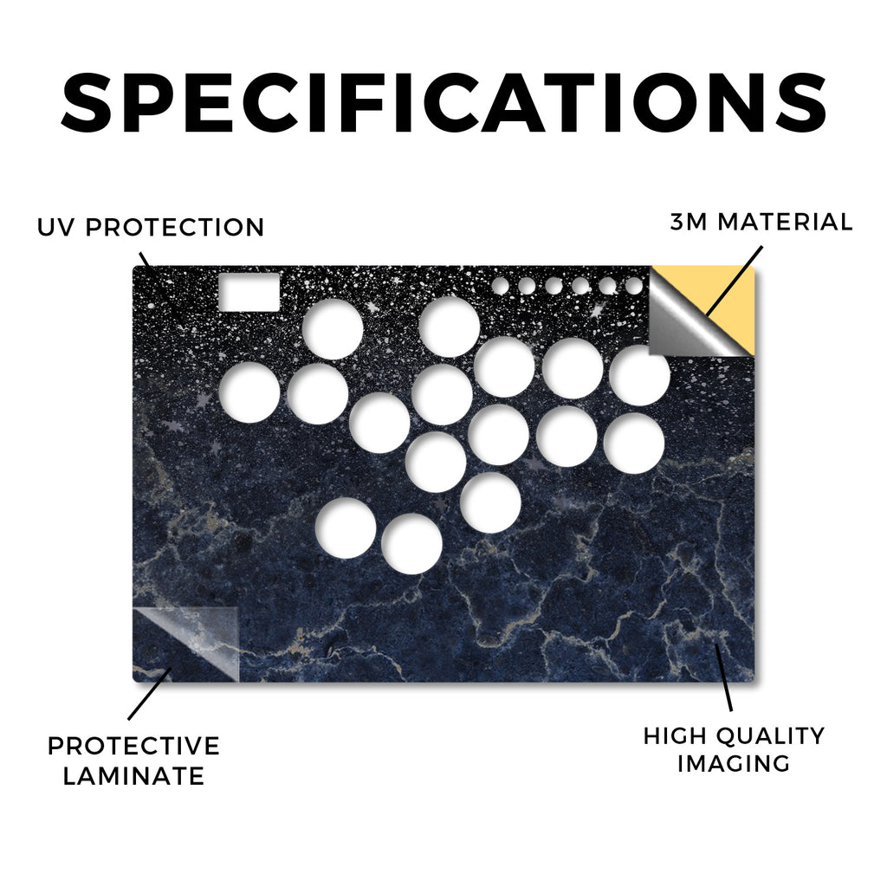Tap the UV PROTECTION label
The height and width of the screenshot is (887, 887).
click(x=151, y=227)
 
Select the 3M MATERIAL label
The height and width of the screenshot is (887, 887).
click(x=761, y=222)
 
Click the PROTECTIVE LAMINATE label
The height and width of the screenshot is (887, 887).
click(x=133, y=761)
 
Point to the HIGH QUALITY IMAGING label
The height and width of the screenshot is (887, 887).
click(x=734, y=749)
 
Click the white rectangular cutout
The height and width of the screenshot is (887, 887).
click(x=249, y=292)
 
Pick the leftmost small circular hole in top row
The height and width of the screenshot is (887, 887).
click(x=500, y=286)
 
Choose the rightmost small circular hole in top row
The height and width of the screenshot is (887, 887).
click(x=635, y=286)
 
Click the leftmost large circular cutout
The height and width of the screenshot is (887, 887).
click(x=249, y=392)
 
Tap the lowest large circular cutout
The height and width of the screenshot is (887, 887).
click(x=411, y=544)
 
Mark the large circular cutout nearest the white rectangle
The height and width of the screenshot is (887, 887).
click(x=333, y=328)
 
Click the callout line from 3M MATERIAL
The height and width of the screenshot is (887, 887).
click(x=734, y=281)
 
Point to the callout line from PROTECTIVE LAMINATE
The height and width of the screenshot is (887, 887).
click(x=150, y=694)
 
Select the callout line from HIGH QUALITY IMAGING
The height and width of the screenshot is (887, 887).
click(x=723, y=677)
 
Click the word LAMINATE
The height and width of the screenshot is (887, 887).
click(x=133, y=776)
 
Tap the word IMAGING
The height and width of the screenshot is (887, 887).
click(x=734, y=763)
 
